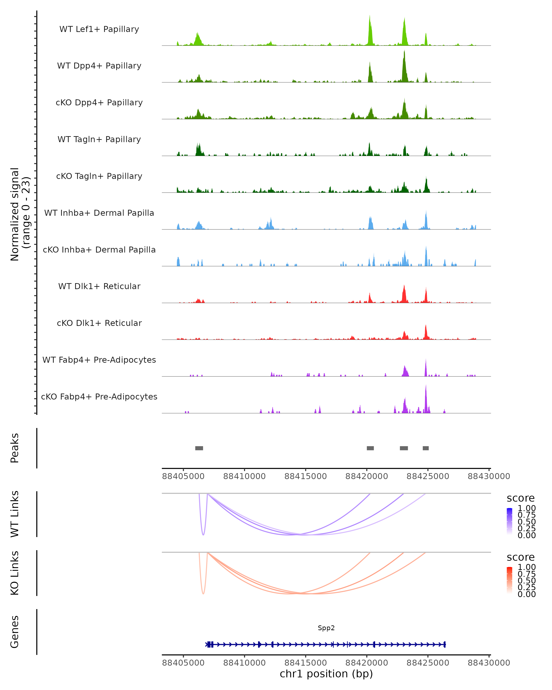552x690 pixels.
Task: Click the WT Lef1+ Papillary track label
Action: click(99, 29)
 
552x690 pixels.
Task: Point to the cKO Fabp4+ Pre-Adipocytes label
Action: click(99, 397)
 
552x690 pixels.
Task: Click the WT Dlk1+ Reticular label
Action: click(99, 286)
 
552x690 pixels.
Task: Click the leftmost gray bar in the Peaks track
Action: click(199, 448)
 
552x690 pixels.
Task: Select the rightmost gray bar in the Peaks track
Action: click(425, 448)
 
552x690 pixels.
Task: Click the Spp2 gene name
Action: click(326, 628)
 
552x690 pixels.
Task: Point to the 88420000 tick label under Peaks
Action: click(367, 476)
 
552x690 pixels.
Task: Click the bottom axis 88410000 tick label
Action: click(244, 663)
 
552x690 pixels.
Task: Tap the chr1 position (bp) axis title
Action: click(326, 674)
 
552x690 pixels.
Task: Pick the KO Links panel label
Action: click(15, 573)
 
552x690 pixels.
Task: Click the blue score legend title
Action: click(521, 498)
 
